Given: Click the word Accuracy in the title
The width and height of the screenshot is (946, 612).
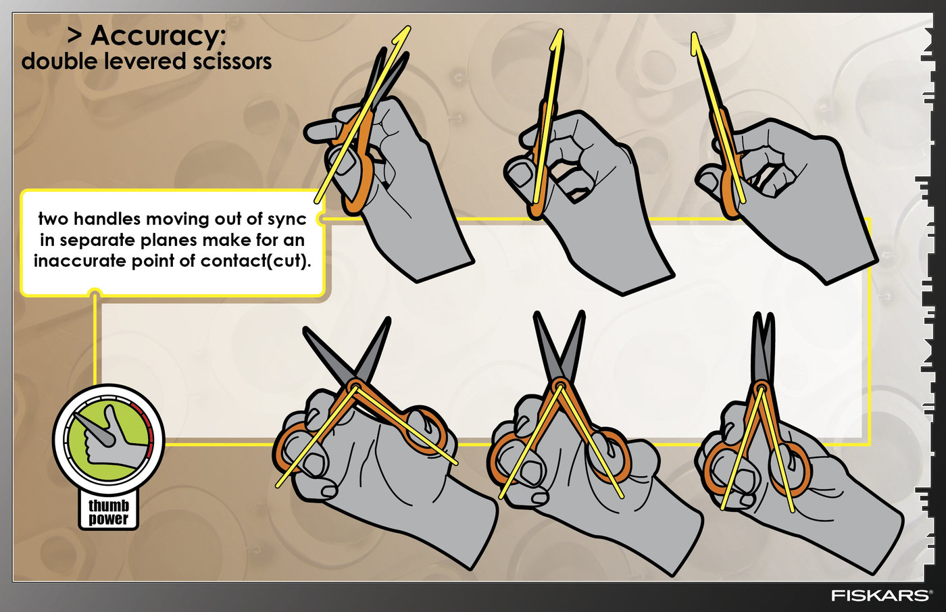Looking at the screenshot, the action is [x=158, y=36].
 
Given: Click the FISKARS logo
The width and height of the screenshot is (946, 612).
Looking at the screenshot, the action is [x=880, y=595].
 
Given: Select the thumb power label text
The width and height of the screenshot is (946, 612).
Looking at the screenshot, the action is [x=108, y=512].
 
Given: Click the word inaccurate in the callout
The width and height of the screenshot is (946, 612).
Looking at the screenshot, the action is [x=80, y=261].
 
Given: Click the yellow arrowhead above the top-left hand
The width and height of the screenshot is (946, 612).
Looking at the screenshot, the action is [x=403, y=35].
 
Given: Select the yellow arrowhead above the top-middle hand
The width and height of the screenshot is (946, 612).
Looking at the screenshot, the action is [x=558, y=39].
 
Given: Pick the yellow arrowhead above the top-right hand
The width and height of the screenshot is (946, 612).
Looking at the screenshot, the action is [x=695, y=43].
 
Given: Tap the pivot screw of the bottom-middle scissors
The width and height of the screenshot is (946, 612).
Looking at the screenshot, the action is [x=560, y=385].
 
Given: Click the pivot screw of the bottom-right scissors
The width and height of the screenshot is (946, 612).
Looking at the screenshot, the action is [x=762, y=387].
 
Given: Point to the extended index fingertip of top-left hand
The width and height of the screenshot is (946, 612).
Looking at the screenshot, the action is [x=312, y=132].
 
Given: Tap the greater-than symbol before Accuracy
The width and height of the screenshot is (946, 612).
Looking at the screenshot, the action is [x=75, y=36].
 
